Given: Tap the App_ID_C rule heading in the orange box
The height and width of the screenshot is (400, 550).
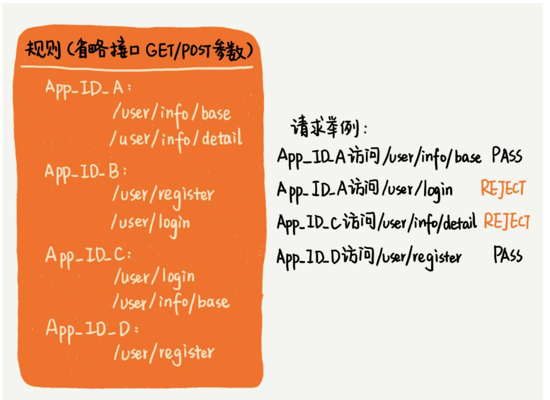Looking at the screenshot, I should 88,256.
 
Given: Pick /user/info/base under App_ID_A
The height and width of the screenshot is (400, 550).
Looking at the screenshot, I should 172,114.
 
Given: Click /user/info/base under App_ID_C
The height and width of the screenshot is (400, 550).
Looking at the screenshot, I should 171,302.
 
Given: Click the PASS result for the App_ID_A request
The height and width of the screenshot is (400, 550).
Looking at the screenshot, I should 507,156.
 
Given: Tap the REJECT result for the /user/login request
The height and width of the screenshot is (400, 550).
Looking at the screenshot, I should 503,188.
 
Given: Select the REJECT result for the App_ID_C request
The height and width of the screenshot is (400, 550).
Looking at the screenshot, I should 506,221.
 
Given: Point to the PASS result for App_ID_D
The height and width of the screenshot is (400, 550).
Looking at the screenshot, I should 508,255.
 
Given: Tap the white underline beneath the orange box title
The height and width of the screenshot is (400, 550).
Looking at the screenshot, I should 137,68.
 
